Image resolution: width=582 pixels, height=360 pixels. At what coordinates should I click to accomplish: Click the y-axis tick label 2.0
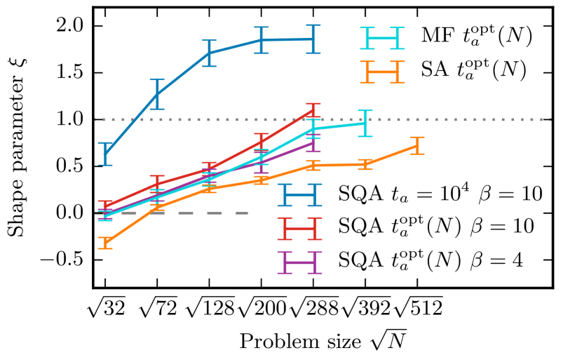(67, 27)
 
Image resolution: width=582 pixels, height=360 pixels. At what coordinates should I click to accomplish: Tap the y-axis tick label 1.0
(67, 120)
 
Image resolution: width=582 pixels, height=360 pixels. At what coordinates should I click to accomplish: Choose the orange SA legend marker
(382, 71)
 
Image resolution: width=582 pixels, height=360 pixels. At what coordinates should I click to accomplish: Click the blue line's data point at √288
(313, 39)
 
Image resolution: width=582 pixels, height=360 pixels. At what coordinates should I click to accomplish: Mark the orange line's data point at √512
(418, 146)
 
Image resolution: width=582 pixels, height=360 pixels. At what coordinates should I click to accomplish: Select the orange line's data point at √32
(105, 244)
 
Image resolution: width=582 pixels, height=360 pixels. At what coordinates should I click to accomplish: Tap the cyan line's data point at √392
(365, 123)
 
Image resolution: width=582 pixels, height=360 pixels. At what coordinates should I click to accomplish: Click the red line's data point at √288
(313, 109)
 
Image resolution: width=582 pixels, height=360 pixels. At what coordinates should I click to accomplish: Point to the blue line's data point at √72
(158, 94)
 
